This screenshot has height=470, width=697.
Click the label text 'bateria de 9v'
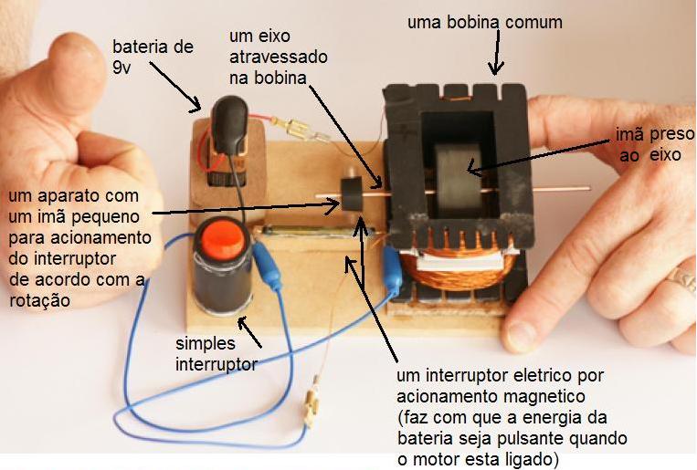point(153,56)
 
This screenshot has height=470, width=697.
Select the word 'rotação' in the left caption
point(36,299)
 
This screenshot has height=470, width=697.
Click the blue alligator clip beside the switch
point(268,266)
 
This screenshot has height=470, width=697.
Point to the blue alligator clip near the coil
point(393,271)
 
